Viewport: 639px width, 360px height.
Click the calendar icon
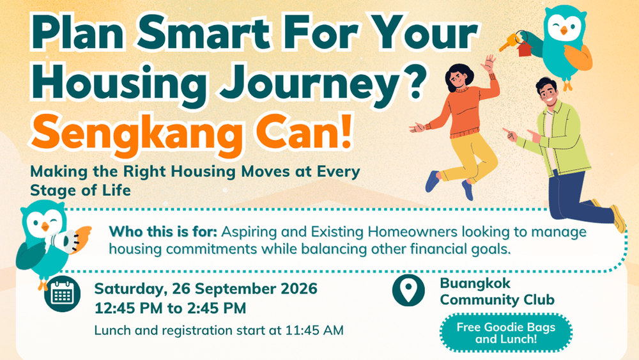[x=63, y=293]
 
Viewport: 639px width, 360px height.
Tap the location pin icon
[x=408, y=290]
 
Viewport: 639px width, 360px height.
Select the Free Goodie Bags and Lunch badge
[x=505, y=333]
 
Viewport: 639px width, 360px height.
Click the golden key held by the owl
[x=509, y=42]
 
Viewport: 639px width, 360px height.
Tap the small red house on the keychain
[x=525, y=49]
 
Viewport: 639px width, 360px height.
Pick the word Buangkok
[x=475, y=283]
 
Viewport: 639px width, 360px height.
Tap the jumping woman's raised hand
[x=488, y=63]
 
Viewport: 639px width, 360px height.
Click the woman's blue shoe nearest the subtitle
[x=433, y=182]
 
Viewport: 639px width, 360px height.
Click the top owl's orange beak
[x=564, y=31]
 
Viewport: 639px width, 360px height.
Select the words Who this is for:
[x=163, y=231]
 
